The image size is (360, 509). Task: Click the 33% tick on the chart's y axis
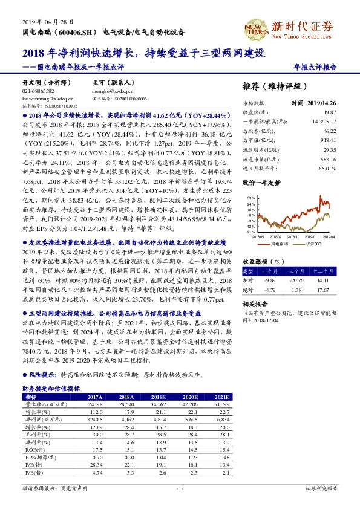(x=250, y=198)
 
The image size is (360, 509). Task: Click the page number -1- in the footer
(x=180, y=488)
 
